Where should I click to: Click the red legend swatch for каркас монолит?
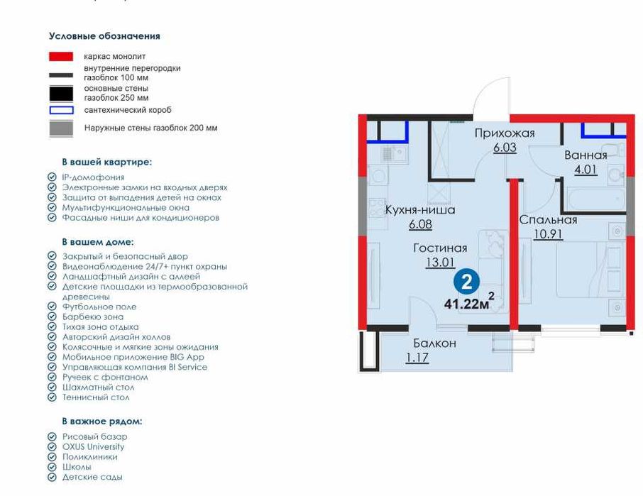click(61, 57)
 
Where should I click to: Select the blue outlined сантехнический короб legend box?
click(62, 110)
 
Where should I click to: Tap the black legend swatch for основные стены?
click(61, 94)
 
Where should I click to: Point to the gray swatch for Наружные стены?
click(61, 128)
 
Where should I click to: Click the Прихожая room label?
click(505, 133)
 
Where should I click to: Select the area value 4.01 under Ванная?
click(586, 169)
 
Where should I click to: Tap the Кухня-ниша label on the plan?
click(420, 210)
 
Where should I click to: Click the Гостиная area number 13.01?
click(440, 262)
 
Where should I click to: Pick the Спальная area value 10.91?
click(548, 233)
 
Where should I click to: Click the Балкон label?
click(434, 343)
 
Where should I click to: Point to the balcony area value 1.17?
click(417, 358)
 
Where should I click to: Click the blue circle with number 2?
click(467, 282)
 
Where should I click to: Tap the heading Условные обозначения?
click(104, 36)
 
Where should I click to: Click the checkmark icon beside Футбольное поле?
click(52, 307)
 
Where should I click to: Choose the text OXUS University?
click(93, 446)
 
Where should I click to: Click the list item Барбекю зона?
click(93, 317)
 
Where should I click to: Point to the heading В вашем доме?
click(98, 242)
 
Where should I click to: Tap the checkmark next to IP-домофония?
click(52, 177)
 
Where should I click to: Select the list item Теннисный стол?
click(96, 397)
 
